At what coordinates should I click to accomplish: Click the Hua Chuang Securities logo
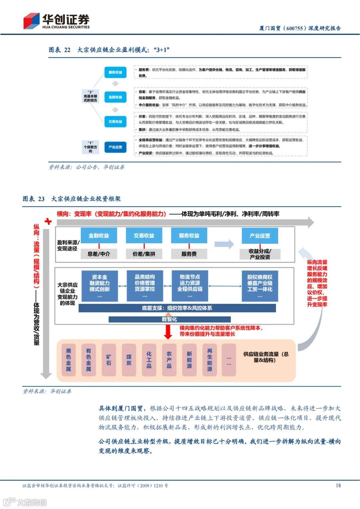point(56,21)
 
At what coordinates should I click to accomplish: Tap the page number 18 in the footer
point(338,485)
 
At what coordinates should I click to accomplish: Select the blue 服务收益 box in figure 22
point(115,72)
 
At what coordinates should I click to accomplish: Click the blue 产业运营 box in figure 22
point(115,147)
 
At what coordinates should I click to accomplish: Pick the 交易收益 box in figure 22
point(115,122)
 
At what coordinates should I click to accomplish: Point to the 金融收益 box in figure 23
point(99,236)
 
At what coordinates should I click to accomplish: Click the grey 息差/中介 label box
point(99,254)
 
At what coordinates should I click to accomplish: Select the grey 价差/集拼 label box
point(144,254)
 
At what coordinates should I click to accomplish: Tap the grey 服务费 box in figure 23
point(189,254)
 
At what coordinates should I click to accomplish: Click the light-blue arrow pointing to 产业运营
point(224,244)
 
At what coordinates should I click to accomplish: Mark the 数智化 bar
point(169,319)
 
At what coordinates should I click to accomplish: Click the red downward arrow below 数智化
point(168,331)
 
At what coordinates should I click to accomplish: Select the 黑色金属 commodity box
point(68,360)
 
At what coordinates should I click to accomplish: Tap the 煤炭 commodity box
point(129,360)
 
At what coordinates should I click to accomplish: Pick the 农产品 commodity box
point(169,360)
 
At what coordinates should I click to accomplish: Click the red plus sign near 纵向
point(48,221)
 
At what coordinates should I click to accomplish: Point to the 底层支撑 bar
point(177,308)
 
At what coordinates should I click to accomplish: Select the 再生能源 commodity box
point(209,360)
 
